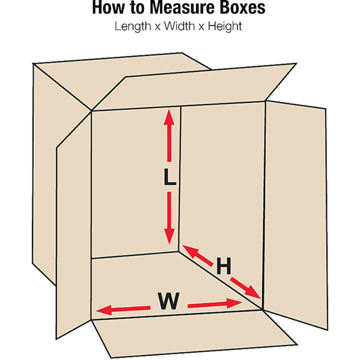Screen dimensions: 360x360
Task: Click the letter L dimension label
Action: [x=170, y=178]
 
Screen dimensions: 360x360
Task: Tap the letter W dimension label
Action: [x=168, y=302]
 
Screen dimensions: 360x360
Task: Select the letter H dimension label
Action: [x=224, y=265]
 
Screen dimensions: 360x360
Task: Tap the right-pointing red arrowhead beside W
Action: [x=236, y=304]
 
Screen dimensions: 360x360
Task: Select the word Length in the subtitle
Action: [x=131, y=26]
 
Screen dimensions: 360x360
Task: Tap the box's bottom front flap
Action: [x=181, y=335]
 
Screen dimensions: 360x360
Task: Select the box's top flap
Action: [x=196, y=86]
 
